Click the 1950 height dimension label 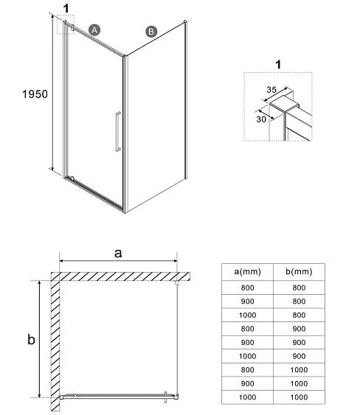pos(35,94)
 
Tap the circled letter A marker pos(94,30)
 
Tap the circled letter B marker pos(151,32)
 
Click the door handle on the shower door pos(118,131)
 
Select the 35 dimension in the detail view pos(271,90)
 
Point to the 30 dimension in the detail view pos(261,119)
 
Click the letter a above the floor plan pos(118,254)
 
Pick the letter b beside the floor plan pos(31,339)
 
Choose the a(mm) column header pos(247,271)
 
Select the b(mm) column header pos(299,271)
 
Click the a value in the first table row pos(247,287)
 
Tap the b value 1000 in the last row pos(299,397)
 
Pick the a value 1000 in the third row pos(247,315)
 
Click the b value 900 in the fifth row pos(299,343)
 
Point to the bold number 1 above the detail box pos(278,65)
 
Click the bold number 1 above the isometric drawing pos(66,8)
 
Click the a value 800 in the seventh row pos(247,370)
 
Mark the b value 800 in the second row pos(299,301)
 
